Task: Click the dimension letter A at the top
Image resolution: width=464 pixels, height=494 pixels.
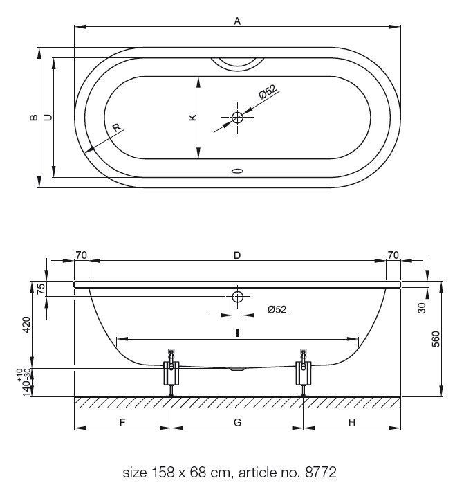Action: click(x=237, y=21)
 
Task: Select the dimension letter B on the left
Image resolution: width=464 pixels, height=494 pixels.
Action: click(x=34, y=117)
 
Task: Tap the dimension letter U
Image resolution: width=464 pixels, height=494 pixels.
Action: click(x=48, y=117)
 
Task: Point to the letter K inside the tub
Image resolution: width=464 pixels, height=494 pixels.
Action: click(x=193, y=117)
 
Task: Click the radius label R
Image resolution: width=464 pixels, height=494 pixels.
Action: click(x=117, y=127)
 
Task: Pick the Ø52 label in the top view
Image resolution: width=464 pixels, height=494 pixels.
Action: click(x=268, y=92)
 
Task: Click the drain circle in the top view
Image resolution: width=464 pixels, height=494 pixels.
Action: click(x=237, y=118)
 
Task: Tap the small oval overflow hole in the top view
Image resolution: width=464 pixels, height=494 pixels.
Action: click(x=237, y=171)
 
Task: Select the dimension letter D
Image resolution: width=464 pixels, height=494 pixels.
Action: click(x=237, y=255)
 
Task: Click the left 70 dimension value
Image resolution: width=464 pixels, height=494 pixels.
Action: click(x=81, y=255)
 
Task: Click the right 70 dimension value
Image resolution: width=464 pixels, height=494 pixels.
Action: click(x=393, y=255)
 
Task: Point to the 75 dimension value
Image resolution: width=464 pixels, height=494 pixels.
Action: click(x=41, y=289)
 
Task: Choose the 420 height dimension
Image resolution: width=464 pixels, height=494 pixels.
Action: click(x=26, y=324)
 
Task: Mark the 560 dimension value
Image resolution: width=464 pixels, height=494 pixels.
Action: click(x=436, y=339)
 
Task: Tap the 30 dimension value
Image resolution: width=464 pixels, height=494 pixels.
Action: click(x=422, y=308)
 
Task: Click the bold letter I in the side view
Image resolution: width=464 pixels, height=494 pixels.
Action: click(x=237, y=333)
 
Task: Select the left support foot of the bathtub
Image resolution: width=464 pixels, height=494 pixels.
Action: click(x=171, y=373)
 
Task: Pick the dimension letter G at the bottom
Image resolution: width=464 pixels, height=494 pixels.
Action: click(x=238, y=422)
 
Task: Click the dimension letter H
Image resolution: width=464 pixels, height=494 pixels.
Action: click(x=352, y=422)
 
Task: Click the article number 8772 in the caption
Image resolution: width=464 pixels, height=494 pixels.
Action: click(x=321, y=473)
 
